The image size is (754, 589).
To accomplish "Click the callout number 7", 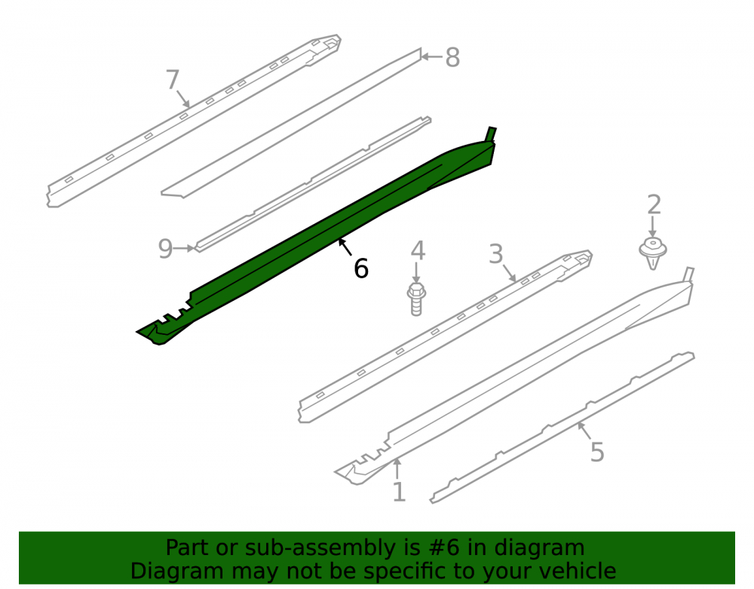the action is (x=173, y=79).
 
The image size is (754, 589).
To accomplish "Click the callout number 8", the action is (x=452, y=57).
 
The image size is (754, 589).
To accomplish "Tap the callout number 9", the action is (x=165, y=249).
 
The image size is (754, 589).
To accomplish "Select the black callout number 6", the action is (x=361, y=268).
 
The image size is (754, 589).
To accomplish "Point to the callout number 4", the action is (x=418, y=250).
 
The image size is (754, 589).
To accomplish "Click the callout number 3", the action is (x=496, y=254).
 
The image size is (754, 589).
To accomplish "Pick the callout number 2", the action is (x=654, y=205).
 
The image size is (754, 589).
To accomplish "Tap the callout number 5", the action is (x=596, y=452).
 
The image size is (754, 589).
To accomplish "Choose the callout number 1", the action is (x=399, y=492).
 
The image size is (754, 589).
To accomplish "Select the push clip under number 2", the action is (x=652, y=253).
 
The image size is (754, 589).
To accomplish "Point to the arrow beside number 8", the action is (x=432, y=57).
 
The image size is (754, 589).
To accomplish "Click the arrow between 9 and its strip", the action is (x=185, y=248).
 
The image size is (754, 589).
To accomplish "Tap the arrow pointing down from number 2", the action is (x=652, y=226).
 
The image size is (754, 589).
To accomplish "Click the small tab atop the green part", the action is (x=491, y=135).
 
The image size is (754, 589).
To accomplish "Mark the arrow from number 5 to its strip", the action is (x=585, y=431).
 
